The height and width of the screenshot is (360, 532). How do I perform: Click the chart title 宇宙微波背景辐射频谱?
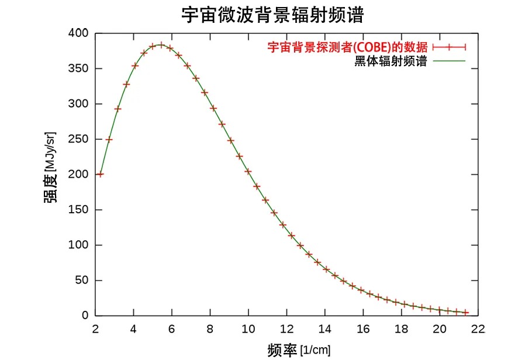click(x=272, y=15)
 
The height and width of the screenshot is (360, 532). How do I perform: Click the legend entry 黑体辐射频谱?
click(x=391, y=61)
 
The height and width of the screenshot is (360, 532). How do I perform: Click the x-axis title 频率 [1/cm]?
click(x=299, y=350)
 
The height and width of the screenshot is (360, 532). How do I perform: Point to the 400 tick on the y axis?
click(x=80, y=34)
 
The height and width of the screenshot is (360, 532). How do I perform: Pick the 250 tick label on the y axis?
click(x=80, y=140)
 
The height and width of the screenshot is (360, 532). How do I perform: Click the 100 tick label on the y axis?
click(x=80, y=245)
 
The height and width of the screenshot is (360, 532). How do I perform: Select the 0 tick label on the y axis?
click(x=85, y=316)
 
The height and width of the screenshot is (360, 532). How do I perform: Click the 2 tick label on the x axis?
click(x=96, y=329)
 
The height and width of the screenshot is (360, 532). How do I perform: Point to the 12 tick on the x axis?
click(x=287, y=329)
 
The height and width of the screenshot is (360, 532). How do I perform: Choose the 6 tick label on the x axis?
click(x=172, y=329)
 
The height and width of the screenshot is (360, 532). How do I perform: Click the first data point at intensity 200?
click(x=101, y=174)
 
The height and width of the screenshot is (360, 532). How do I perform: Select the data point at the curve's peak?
click(x=161, y=44)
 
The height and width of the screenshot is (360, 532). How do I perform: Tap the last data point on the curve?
click(x=466, y=313)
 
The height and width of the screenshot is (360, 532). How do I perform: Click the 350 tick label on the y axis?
click(x=80, y=69)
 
